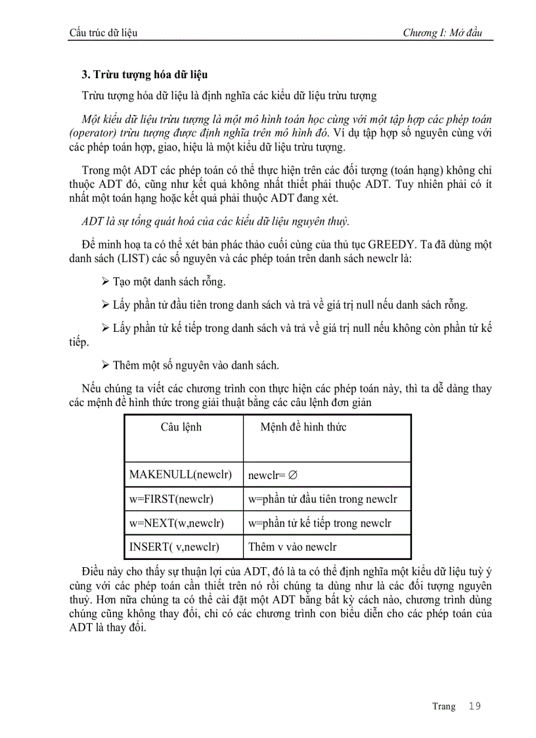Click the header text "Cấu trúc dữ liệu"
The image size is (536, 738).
[x=103, y=33]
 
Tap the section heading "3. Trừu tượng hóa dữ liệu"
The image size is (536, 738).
[x=145, y=74]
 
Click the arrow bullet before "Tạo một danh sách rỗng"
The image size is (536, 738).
[x=105, y=282]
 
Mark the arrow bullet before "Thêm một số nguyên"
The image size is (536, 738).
[x=105, y=365]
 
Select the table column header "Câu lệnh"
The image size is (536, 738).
[x=181, y=427]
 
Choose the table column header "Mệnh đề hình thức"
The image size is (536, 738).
[x=303, y=427]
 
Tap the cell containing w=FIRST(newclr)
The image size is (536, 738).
[x=171, y=499]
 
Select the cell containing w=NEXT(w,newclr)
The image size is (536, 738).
[x=177, y=523]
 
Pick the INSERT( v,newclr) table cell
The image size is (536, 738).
[x=175, y=547]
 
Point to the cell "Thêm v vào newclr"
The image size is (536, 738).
[x=292, y=547]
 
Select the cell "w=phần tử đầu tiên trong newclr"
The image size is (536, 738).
[x=323, y=499]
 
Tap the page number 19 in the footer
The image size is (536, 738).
[x=475, y=706]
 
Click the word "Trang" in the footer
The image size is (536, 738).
[x=443, y=706]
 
